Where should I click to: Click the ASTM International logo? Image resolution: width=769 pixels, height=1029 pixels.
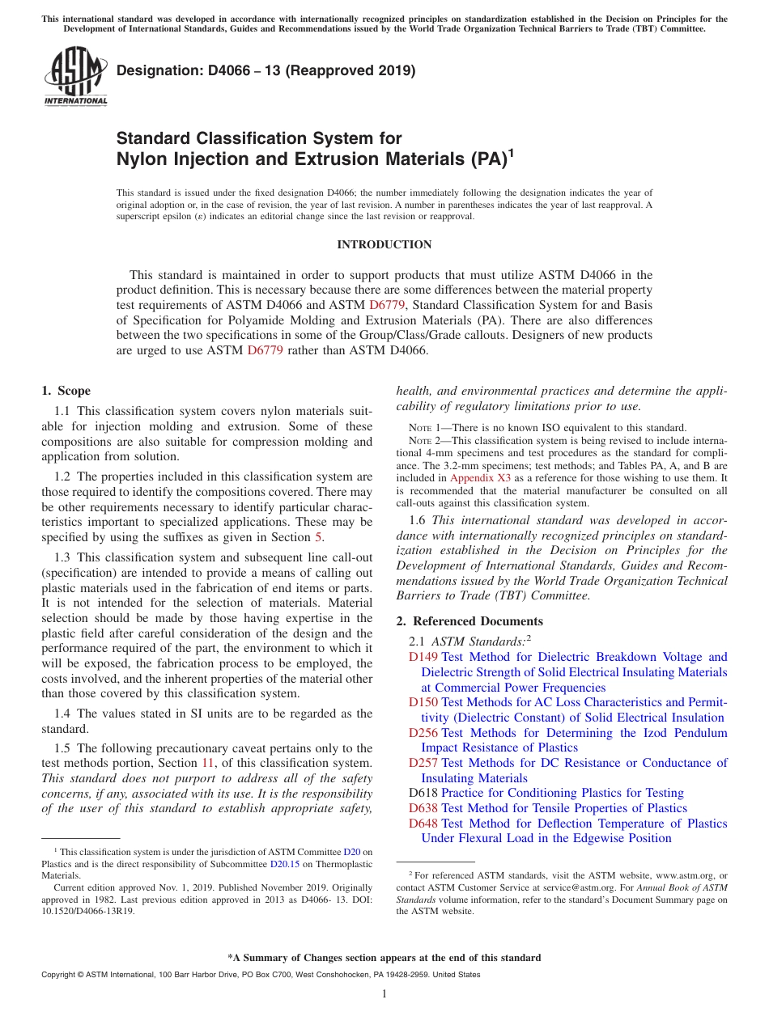pos(75,77)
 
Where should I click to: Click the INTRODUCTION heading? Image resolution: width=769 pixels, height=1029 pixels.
pos(384,244)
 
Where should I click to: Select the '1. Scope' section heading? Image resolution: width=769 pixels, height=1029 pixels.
pos(66,391)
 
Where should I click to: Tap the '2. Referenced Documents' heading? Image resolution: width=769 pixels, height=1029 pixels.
pos(469,621)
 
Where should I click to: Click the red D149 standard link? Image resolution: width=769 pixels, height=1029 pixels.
pos(423,657)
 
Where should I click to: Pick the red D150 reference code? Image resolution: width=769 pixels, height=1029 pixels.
pos(423,702)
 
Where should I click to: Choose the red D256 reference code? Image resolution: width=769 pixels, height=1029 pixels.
pos(423,733)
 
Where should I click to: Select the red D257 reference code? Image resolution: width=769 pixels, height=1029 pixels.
pos(423,763)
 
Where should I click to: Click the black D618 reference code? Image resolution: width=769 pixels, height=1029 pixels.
pos(423,793)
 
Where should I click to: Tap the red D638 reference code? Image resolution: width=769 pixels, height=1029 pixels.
pos(423,808)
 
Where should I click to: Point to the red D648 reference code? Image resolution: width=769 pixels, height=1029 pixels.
pos(423,824)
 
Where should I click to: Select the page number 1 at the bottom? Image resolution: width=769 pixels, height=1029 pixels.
pos(384,994)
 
